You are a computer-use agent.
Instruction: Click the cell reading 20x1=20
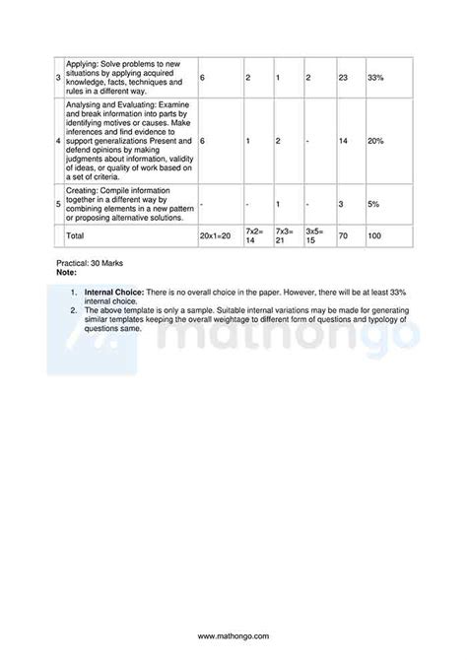[x=214, y=236]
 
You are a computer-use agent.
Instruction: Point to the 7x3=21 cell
[x=286, y=236]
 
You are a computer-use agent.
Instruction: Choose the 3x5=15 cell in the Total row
[x=316, y=236]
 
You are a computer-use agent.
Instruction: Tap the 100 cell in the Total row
[x=374, y=236]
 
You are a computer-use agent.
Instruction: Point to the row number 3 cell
[x=58, y=77]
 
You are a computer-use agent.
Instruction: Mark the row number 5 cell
[x=58, y=204]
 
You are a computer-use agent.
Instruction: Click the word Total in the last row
[x=75, y=236]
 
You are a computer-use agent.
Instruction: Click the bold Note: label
[x=67, y=272]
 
